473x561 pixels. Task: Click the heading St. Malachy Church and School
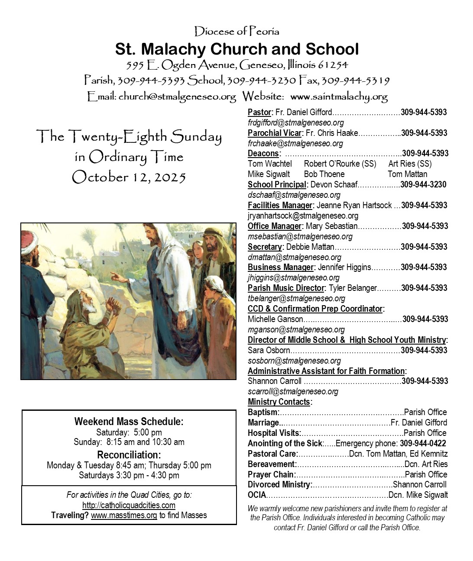tap(236, 49)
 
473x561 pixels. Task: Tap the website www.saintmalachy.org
tap(338, 96)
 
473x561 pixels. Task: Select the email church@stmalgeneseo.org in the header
tap(177, 96)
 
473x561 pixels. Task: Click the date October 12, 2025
tap(129, 177)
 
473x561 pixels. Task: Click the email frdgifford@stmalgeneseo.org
tap(296, 123)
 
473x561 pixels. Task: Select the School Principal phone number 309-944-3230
tap(423, 185)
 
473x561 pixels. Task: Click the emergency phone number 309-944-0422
tap(423, 443)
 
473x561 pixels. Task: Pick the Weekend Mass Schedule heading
tap(129, 421)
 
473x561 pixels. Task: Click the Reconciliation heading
tap(129, 455)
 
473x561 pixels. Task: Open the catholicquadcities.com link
tap(129, 505)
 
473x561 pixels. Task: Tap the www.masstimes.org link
tap(124, 515)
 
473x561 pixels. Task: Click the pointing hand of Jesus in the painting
tap(117, 276)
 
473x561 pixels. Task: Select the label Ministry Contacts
tap(279, 402)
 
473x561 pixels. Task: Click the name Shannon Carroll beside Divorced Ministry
tap(419, 484)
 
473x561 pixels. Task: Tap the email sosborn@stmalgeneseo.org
tap(294, 361)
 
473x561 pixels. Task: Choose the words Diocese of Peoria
tap(236, 31)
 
